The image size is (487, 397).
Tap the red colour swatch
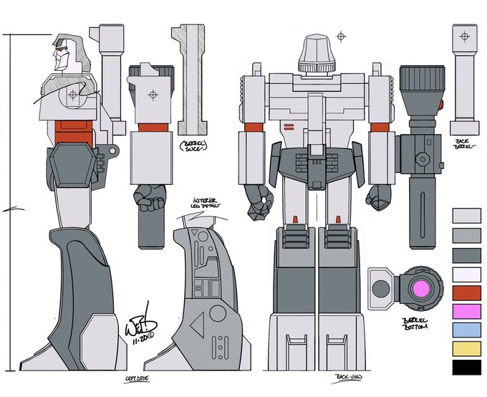point(466,292)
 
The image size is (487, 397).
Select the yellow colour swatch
point(466,348)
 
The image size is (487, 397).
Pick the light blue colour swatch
point(466,330)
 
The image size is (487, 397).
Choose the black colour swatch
point(466,367)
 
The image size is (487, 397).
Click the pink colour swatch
point(466,311)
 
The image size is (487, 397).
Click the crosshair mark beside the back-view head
point(342,34)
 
